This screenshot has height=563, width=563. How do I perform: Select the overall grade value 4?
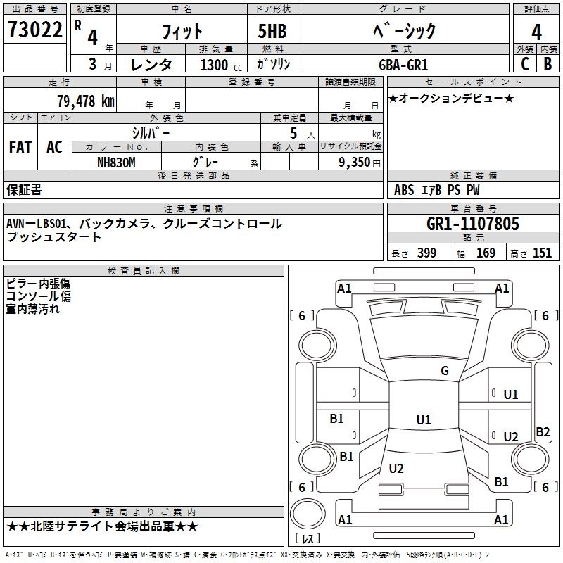coord(536,32)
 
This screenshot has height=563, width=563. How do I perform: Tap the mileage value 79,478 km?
coord(85,101)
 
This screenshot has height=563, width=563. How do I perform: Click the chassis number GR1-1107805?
coord(473,224)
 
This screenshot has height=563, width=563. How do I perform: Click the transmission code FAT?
coord(20,147)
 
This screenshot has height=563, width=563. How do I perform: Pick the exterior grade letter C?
coord(524,64)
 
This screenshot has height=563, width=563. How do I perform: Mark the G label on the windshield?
coord(444,371)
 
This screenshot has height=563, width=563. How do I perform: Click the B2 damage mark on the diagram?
coord(543,432)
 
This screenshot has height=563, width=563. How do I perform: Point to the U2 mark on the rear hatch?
coord(396,469)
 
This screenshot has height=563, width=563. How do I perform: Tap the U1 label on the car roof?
coord(423,419)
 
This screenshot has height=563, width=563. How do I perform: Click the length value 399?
coord(426,253)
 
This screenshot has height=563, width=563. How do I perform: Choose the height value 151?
coord(542,253)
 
